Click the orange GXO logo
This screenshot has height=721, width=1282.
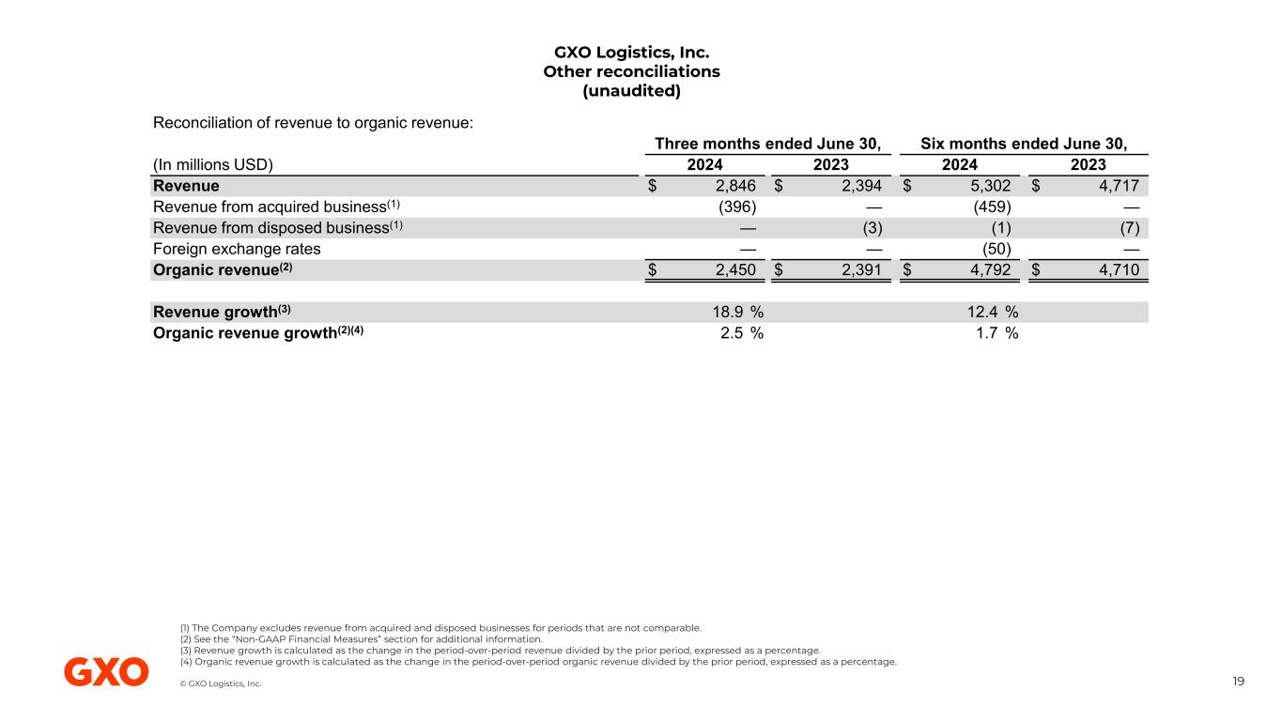tap(106, 671)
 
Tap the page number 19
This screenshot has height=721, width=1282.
tap(1239, 682)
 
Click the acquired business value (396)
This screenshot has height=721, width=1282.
tap(735, 207)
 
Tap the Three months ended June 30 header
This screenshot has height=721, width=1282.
tap(767, 144)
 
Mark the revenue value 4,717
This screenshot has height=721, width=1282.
tap(1119, 186)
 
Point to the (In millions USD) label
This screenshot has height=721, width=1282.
tap(212, 165)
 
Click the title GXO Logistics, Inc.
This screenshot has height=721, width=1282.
tap(631, 52)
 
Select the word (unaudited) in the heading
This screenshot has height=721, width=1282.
tap(631, 91)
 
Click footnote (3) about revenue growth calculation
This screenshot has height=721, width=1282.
tap(499, 650)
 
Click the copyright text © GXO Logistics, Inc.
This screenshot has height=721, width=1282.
tap(221, 683)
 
